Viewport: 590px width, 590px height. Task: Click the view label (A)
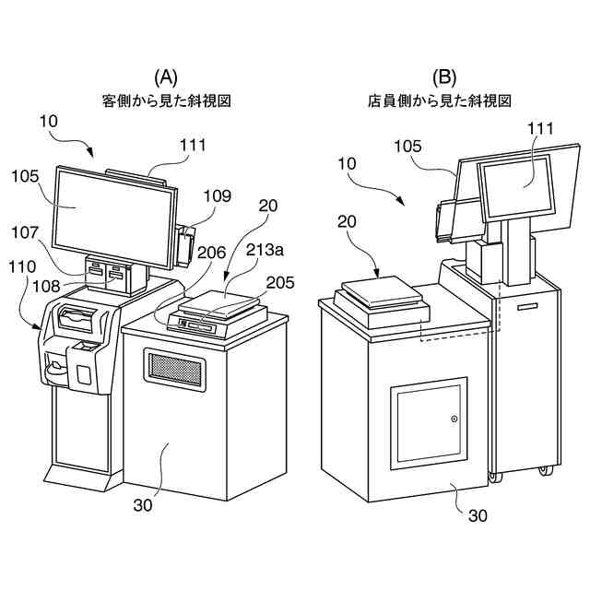pos(165,77)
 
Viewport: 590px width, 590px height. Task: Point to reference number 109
pos(217,196)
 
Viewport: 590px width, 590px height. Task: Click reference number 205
pos(282,282)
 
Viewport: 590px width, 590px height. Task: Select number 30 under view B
pos(478,516)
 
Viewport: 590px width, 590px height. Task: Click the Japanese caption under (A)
pos(166,100)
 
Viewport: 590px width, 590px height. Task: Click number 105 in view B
pos(407,146)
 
